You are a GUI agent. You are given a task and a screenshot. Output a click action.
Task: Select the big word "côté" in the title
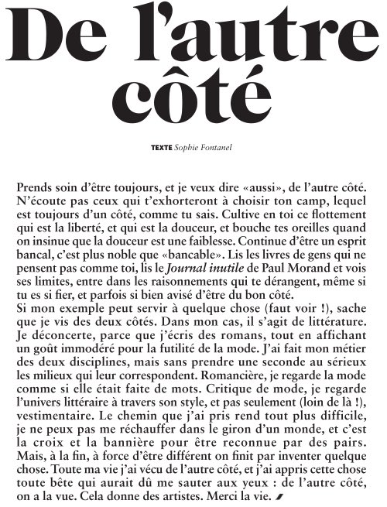pyautogui.click(x=193, y=95)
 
